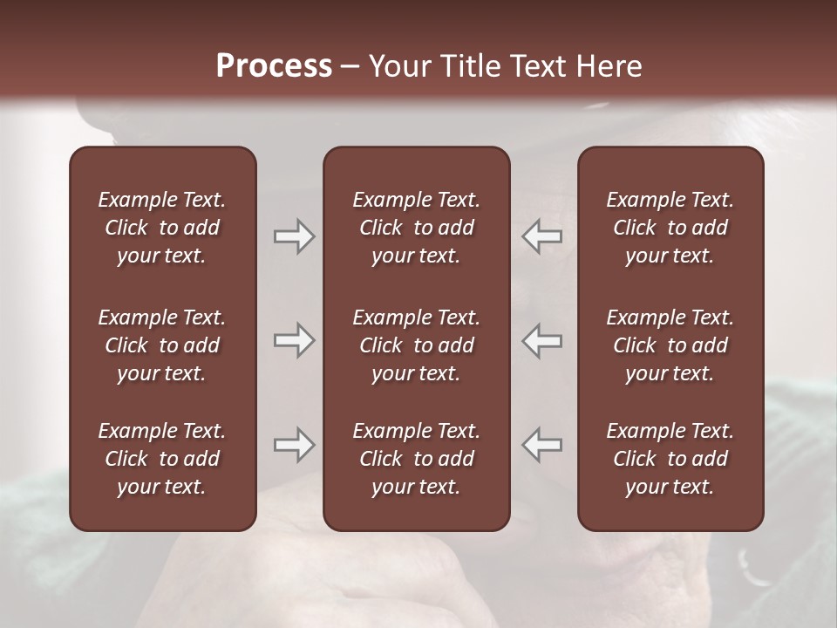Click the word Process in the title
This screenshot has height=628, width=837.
pyautogui.click(x=274, y=66)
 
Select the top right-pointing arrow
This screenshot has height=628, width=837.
pyautogui.click(x=295, y=236)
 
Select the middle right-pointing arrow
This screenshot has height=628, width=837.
pyautogui.click(x=295, y=340)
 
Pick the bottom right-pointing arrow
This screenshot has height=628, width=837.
pyautogui.click(x=295, y=444)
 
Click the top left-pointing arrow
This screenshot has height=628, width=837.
pyautogui.click(x=542, y=236)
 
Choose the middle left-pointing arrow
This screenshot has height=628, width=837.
pyautogui.click(x=542, y=340)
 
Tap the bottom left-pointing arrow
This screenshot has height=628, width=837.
pyautogui.click(x=542, y=444)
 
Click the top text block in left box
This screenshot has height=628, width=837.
pyautogui.click(x=162, y=228)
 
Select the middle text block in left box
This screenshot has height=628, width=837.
pyautogui.click(x=162, y=345)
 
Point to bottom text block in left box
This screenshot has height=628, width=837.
pyautogui.click(x=162, y=459)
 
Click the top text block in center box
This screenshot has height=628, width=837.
pyautogui.click(x=416, y=228)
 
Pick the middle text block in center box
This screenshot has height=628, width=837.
pyautogui.click(x=416, y=345)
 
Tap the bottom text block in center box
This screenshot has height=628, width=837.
pyautogui.click(x=416, y=459)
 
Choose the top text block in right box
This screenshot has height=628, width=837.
pyautogui.click(x=670, y=228)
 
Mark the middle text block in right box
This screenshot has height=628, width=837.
pyautogui.click(x=670, y=345)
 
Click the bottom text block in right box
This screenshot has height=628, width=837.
pyautogui.click(x=670, y=459)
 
